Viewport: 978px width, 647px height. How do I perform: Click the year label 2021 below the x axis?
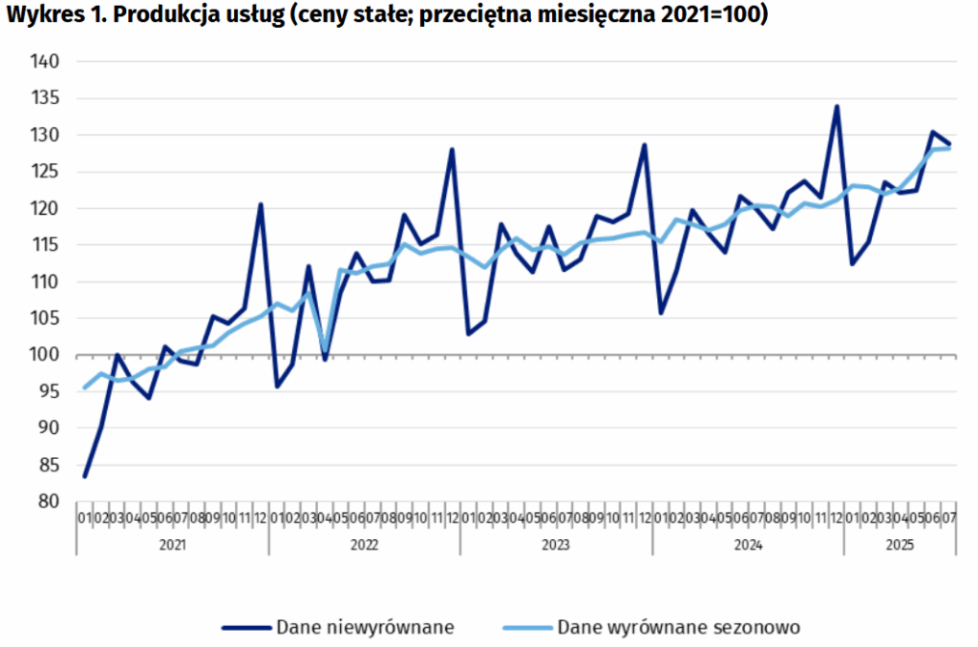coord(172,545)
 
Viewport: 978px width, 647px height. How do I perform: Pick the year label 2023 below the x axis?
coord(556,545)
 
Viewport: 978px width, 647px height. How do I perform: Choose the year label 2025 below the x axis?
coord(899,545)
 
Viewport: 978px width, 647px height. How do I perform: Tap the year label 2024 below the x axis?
coord(748,545)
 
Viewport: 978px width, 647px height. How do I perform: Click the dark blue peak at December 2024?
coord(837,106)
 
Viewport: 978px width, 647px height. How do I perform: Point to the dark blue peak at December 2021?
coord(261,204)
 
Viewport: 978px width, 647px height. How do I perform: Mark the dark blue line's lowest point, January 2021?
coord(85,476)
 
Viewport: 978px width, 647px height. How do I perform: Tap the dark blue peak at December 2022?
coord(452,150)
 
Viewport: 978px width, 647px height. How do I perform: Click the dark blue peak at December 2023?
coord(645,145)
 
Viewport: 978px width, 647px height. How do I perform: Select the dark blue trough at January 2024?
coord(661,313)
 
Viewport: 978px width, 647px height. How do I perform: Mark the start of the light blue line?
coord(85,387)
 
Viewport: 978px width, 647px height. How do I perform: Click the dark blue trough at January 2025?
coord(852,263)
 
